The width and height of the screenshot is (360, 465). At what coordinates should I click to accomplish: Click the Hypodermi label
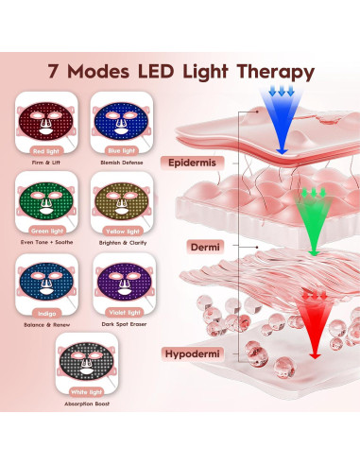coord(210,353)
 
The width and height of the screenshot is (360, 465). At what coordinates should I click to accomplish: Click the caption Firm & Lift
coord(49,162)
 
